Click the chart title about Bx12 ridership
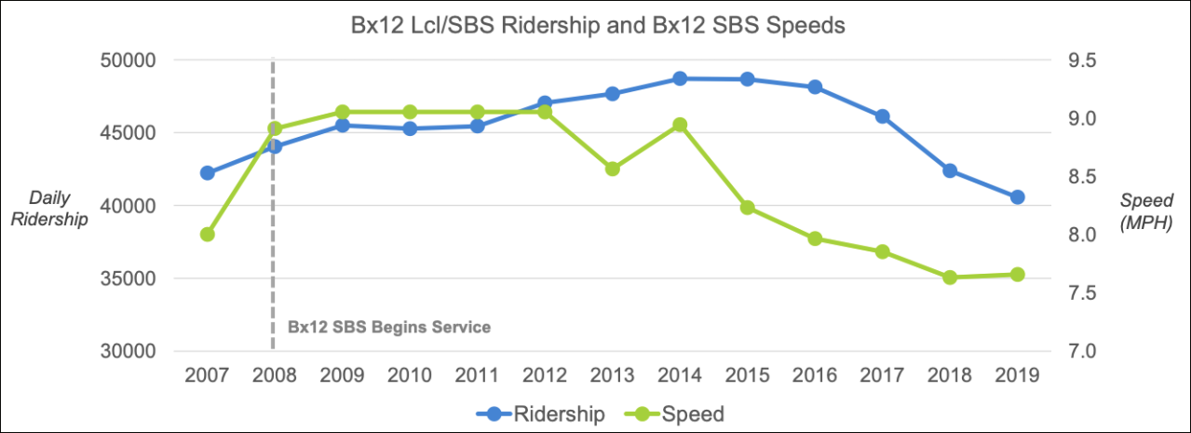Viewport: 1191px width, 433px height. pos(596,26)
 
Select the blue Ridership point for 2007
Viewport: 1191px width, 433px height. pos(208,173)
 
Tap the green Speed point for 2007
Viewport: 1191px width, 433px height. pos(208,235)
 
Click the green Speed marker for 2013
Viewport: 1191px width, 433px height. pos(613,169)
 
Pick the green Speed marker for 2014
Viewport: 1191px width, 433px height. pos(680,125)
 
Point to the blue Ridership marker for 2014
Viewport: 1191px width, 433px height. pos(680,79)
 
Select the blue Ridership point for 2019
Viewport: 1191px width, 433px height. pos(1017,197)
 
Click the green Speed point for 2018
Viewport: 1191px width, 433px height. pos(950,277)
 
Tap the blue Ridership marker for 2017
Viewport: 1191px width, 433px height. pos(882,116)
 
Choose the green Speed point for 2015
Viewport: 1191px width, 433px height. pos(747,208)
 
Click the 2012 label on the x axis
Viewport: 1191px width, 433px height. pos(545,375)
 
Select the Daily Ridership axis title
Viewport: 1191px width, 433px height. pos(58,210)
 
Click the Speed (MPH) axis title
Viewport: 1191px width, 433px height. pos(1145,211)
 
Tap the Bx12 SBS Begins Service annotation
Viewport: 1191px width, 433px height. pos(388,328)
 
